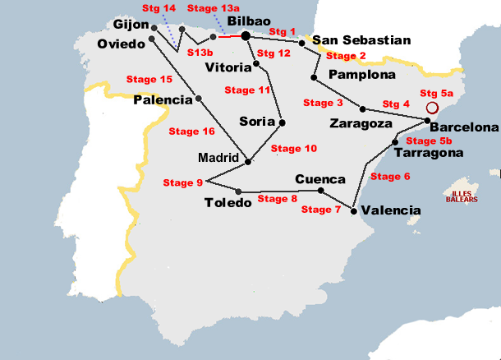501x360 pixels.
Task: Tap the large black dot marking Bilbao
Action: [x=245, y=35]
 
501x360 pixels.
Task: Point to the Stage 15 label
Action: [x=149, y=80]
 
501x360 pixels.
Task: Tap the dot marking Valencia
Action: [x=354, y=210]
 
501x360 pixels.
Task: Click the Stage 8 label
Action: [x=278, y=198]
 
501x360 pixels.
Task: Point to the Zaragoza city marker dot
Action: [x=363, y=109]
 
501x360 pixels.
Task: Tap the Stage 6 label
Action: [x=390, y=176]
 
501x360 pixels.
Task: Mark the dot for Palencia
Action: [x=199, y=99]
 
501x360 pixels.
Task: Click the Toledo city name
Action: [x=227, y=203]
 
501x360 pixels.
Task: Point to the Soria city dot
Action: [x=282, y=122]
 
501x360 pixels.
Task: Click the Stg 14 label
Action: [x=159, y=8]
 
